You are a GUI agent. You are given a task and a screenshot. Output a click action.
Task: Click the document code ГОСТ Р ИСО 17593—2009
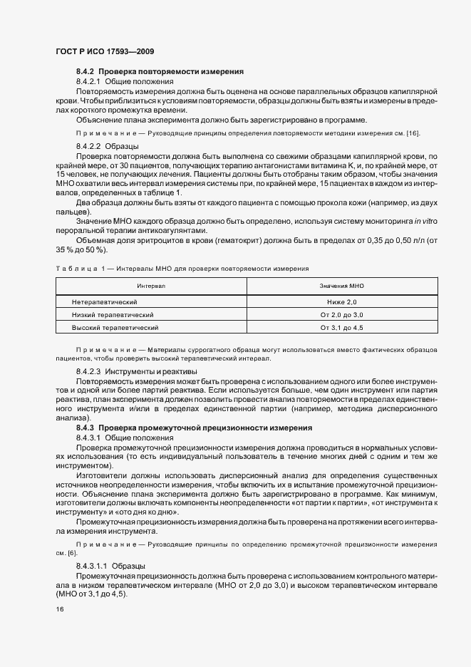(104, 52)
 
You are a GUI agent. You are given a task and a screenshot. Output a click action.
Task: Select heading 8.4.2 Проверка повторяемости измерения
(160, 72)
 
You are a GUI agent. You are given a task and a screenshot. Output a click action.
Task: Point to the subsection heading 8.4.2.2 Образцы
(107, 145)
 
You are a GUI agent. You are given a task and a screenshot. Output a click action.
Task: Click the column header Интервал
(151, 285)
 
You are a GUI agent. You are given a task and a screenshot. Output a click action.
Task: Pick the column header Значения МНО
(342, 285)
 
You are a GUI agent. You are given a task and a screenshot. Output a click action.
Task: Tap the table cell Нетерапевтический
(105, 302)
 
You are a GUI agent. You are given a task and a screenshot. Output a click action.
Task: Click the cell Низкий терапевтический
(113, 314)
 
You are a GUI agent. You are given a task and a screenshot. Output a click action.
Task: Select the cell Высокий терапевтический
(115, 327)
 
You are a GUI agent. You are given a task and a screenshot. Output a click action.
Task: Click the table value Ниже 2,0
(342, 302)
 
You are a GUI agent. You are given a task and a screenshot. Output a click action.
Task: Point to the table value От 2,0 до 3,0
(342, 314)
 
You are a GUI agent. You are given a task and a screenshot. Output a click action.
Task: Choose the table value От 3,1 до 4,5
(342, 327)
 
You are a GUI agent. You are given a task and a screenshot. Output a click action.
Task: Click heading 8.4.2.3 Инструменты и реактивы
(131, 371)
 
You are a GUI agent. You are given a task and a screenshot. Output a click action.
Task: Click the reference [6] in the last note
(72, 553)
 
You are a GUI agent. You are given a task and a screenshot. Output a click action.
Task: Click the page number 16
(59, 610)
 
